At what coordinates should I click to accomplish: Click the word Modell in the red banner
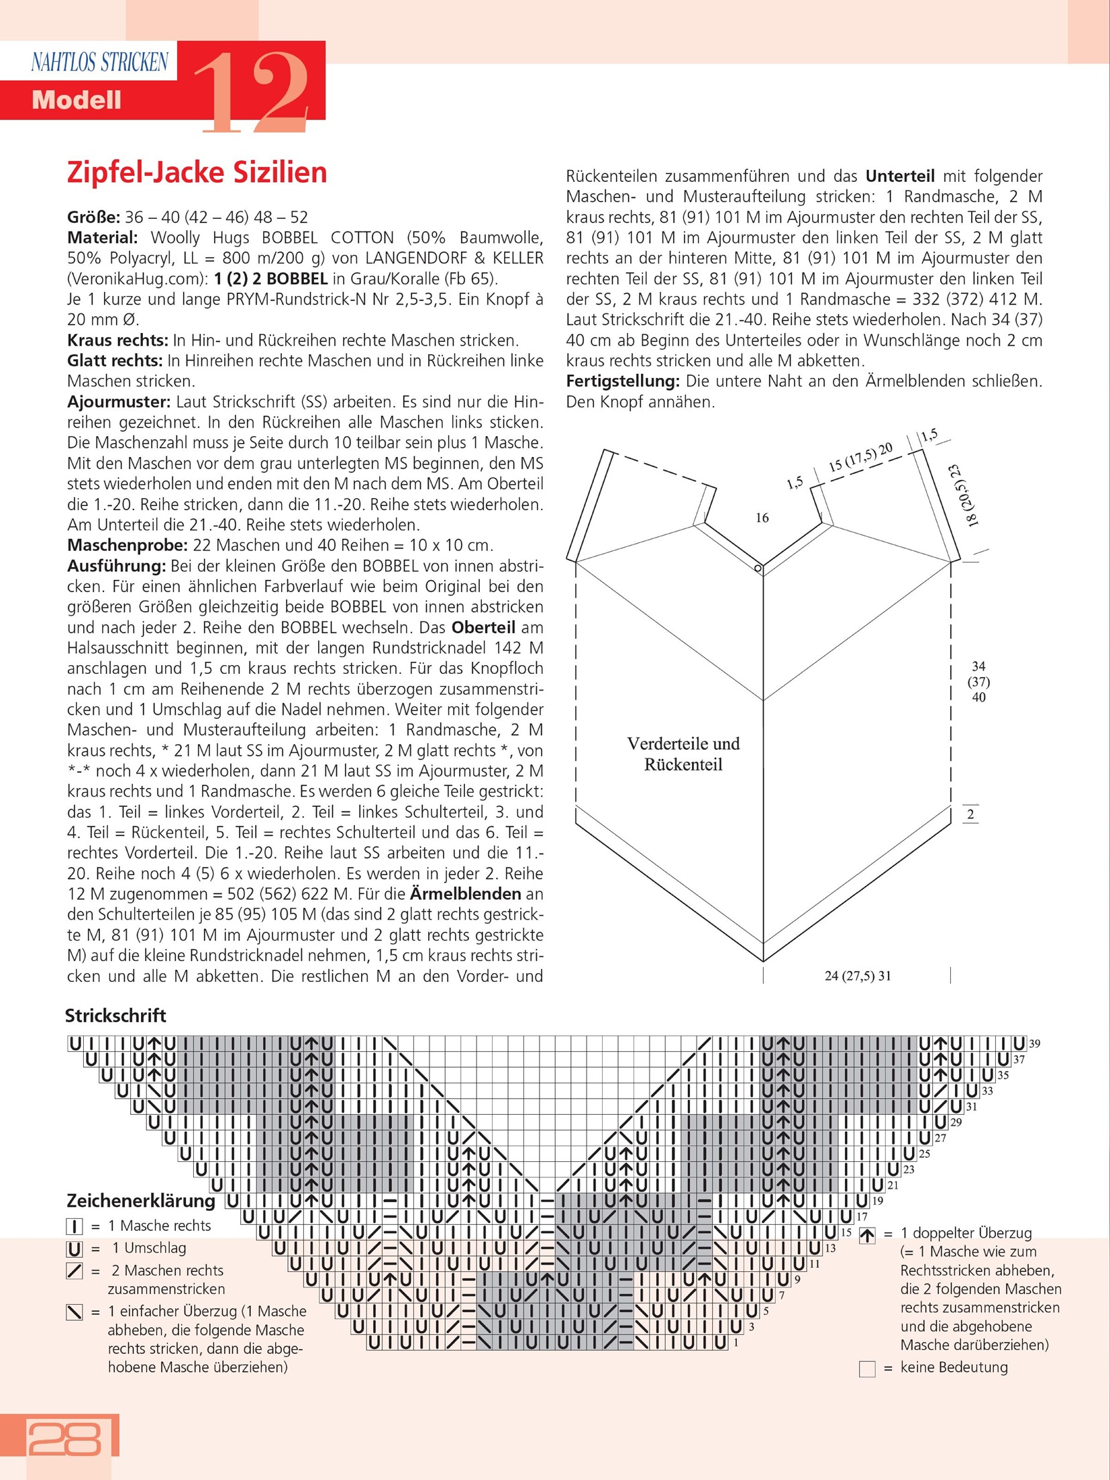tap(77, 101)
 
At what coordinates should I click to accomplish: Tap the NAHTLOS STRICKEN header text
tap(99, 62)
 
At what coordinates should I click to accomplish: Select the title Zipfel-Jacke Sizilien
tap(197, 172)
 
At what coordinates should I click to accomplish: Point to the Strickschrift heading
tap(115, 1016)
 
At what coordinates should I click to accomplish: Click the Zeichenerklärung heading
tap(141, 1200)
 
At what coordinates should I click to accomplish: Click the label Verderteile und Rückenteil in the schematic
tap(683, 754)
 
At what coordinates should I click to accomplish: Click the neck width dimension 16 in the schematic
tap(762, 517)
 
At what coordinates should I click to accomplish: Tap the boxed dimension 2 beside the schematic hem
tap(970, 815)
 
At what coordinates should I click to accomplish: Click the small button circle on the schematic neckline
tap(758, 569)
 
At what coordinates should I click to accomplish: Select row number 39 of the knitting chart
tap(1035, 1044)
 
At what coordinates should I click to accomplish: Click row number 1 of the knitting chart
tap(736, 1343)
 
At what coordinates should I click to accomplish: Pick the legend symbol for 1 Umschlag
tap(74, 1248)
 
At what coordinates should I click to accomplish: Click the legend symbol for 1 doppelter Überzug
tap(867, 1235)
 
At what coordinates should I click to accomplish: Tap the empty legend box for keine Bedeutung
tap(867, 1369)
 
